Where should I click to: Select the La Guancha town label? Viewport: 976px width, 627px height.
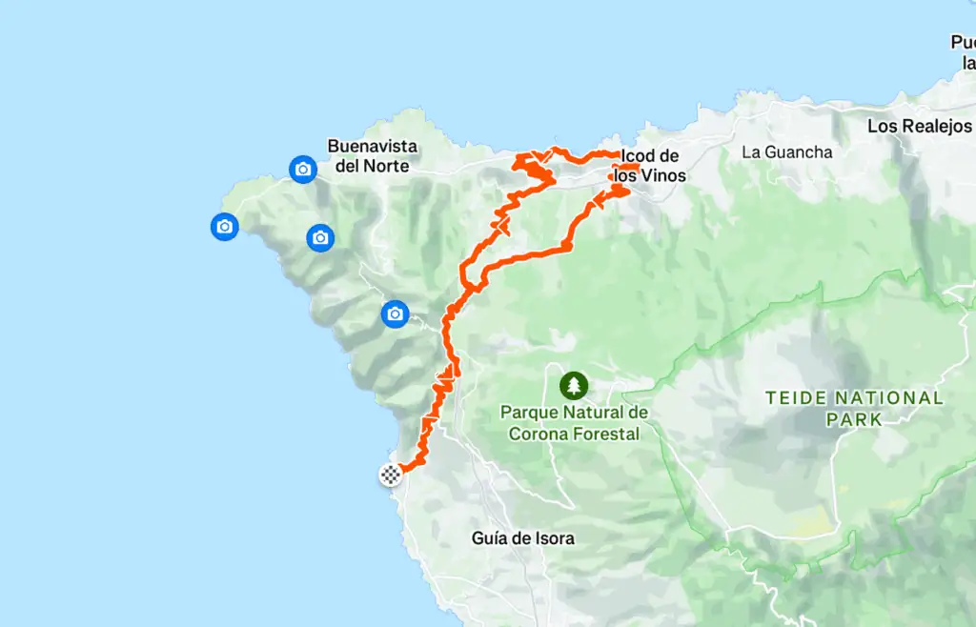786,152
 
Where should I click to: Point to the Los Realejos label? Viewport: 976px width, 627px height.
920,126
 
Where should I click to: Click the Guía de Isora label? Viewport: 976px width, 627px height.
522,538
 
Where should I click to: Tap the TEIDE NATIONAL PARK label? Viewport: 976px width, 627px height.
855,408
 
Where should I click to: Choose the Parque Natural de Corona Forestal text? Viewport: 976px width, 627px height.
574,422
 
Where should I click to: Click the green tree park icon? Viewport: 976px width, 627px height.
574,385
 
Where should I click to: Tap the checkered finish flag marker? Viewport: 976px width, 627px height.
390,474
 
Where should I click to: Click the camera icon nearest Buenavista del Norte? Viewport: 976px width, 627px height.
303,170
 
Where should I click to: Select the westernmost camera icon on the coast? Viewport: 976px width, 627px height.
224,226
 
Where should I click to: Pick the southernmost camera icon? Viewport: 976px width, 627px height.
395,313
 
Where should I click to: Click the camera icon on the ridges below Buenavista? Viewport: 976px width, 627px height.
320,237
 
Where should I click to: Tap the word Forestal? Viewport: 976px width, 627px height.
607,433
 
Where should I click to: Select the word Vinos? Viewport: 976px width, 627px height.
664,176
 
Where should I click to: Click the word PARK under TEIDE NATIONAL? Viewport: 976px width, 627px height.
855,418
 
